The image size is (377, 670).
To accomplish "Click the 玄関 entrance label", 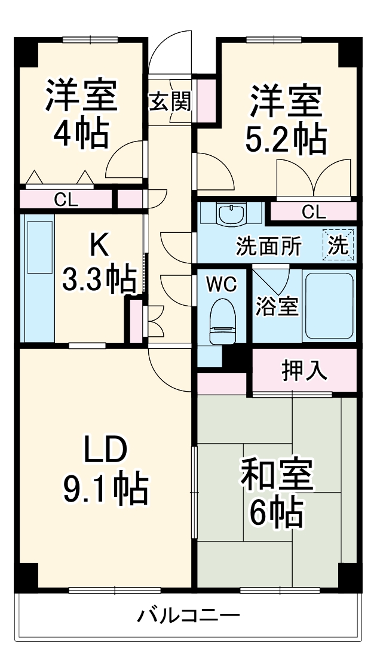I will coord(170,102).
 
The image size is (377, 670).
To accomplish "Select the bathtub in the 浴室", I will coord(329,307).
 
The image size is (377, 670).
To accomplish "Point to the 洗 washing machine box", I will coord(339,245).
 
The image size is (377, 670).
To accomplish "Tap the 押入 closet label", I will coord(304,371).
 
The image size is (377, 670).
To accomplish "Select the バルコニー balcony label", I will coord(189,616).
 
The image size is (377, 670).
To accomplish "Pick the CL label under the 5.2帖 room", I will coord(313,211).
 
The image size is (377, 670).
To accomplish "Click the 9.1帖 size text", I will coord(105,489).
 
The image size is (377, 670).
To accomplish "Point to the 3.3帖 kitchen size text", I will coord(99,279).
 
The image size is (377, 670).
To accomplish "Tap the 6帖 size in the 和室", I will coord(276,512).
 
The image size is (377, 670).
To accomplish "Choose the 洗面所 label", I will coord(268,246).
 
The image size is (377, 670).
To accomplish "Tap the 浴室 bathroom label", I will coord(277,307).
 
